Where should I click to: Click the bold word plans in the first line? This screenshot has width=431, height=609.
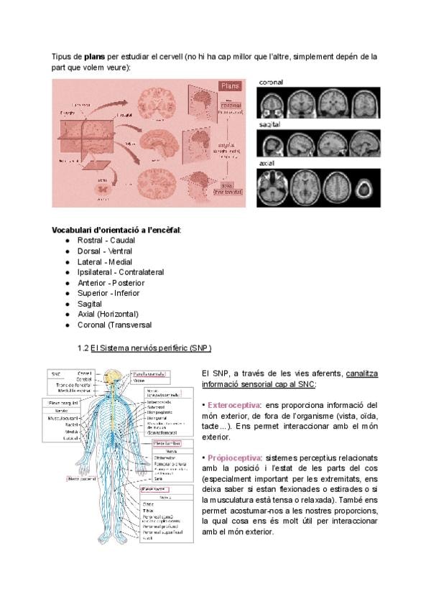click(95, 55)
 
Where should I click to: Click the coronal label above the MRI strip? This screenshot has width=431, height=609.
click(271, 83)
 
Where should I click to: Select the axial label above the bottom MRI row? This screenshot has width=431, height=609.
click(267, 163)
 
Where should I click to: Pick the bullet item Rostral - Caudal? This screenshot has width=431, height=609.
click(106, 240)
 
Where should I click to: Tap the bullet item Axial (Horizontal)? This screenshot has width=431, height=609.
click(107, 314)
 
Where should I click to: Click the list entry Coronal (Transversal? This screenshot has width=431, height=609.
click(113, 325)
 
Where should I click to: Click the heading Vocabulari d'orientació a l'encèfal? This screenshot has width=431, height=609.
click(116, 230)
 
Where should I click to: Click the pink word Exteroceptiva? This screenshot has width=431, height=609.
click(233, 406)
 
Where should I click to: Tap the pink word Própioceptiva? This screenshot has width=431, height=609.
click(233, 457)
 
